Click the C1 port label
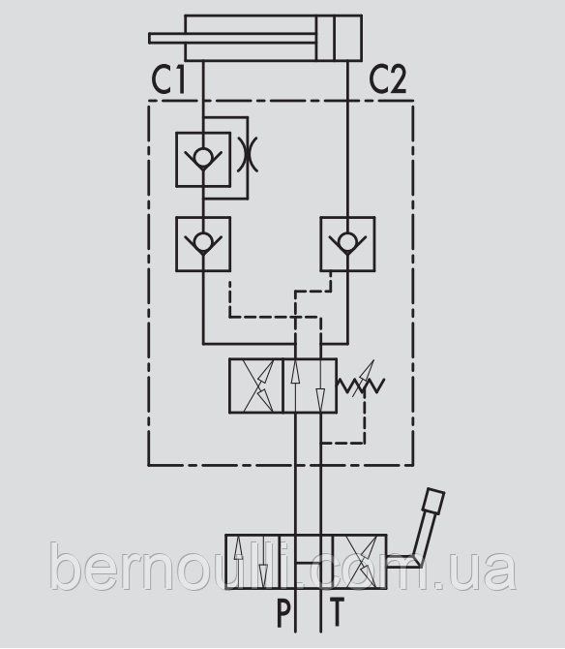167,79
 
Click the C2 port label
388,79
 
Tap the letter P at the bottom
283,613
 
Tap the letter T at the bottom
337,613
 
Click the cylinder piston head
325,38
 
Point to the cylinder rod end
151,38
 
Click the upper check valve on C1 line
203,160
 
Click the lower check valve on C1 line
203,244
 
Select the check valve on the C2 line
347,244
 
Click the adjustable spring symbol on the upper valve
362,382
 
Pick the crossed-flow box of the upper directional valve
256,386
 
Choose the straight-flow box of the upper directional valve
310,386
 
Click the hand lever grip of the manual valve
434,501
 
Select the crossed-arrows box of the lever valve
360,562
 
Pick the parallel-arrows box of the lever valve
253,562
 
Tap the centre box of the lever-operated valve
307,562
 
